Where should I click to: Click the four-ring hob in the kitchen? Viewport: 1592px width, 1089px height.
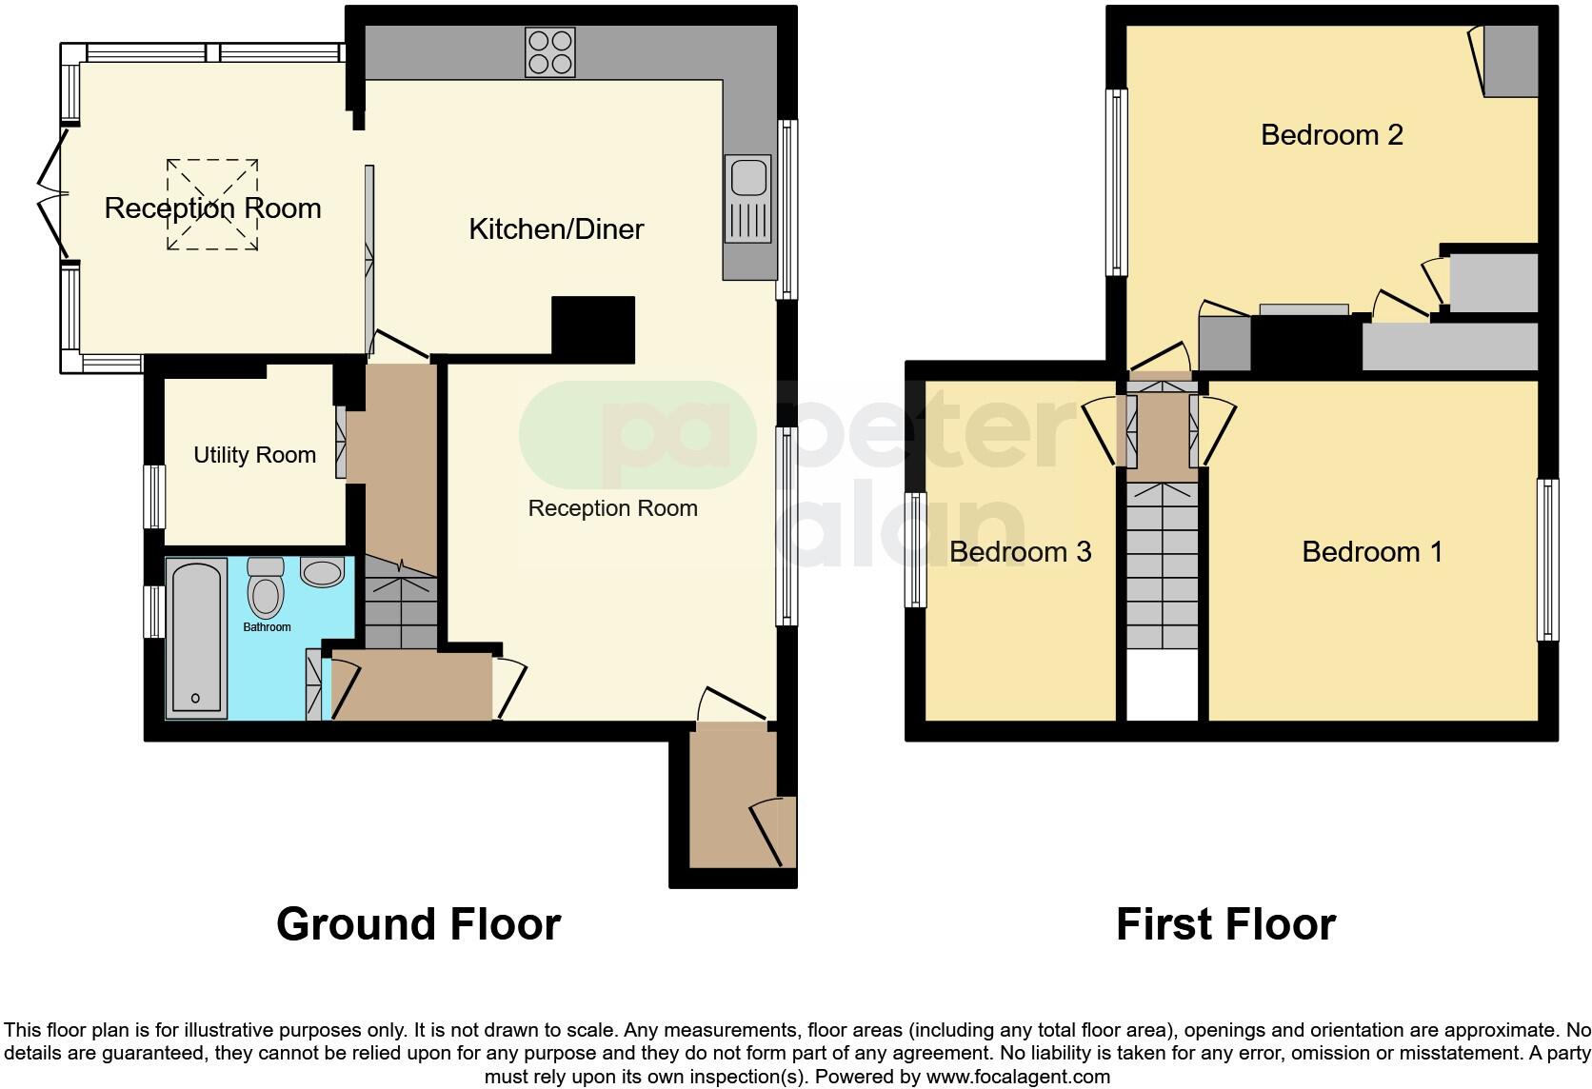(550, 52)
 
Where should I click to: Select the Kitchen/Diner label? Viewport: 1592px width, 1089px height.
(556, 229)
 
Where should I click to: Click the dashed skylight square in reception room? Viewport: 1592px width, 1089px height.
(212, 205)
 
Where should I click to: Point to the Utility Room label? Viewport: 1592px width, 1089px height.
(254, 455)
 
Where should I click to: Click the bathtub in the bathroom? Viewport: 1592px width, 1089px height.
(196, 638)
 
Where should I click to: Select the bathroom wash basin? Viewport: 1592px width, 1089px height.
(323, 573)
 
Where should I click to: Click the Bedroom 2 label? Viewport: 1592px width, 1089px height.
(1331, 135)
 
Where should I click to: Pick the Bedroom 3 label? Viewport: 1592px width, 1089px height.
(1020, 552)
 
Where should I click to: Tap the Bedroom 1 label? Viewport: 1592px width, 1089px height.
(1372, 552)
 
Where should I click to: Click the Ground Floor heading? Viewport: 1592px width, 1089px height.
(418, 924)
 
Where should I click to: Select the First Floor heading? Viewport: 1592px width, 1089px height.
(1225, 924)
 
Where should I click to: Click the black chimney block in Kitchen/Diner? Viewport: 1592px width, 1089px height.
(593, 329)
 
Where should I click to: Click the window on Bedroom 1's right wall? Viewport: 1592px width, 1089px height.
(1548, 560)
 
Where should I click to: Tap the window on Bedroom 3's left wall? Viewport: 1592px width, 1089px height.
(915, 550)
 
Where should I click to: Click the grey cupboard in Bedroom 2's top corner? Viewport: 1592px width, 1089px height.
(1511, 61)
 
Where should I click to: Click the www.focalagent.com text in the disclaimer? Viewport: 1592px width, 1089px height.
(1017, 1078)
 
